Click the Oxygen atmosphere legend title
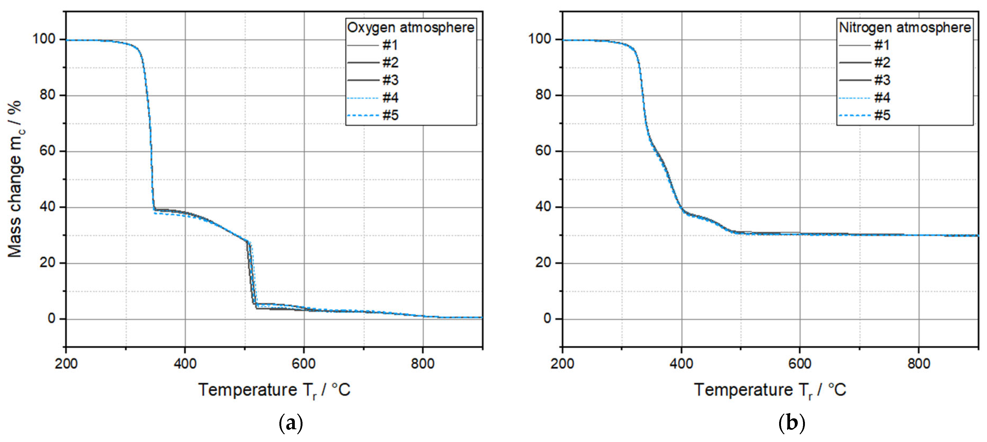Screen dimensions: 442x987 pyautogui.click(x=410, y=28)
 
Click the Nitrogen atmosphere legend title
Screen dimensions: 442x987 pyautogui.click(x=905, y=28)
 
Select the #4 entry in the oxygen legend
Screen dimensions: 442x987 pyautogui.click(x=390, y=98)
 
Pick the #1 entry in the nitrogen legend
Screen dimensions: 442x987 pyautogui.click(x=882, y=45)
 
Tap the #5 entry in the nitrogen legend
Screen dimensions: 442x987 pyautogui.click(x=882, y=115)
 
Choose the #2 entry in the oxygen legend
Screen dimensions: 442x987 pyautogui.click(x=390, y=62)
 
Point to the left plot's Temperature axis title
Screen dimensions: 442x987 pyautogui.click(x=274, y=390)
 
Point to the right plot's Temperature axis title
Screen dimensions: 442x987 pyautogui.click(x=770, y=390)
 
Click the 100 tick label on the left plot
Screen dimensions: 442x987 pyautogui.click(x=44, y=39)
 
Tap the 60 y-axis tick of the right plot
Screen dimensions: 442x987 pyautogui.click(x=543, y=151)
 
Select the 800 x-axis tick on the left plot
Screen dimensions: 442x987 pyautogui.click(x=423, y=364)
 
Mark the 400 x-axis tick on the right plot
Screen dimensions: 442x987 pyautogui.click(x=681, y=364)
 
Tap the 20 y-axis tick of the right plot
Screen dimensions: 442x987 pyautogui.click(x=543, y=263)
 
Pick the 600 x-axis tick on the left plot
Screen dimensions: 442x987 pyautogui.click(x=304, y=364)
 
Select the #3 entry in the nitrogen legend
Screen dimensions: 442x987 pyautogui.click(x=882, y=80)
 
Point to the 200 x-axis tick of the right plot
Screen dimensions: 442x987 pyautogui.click(x=562, y=364)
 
